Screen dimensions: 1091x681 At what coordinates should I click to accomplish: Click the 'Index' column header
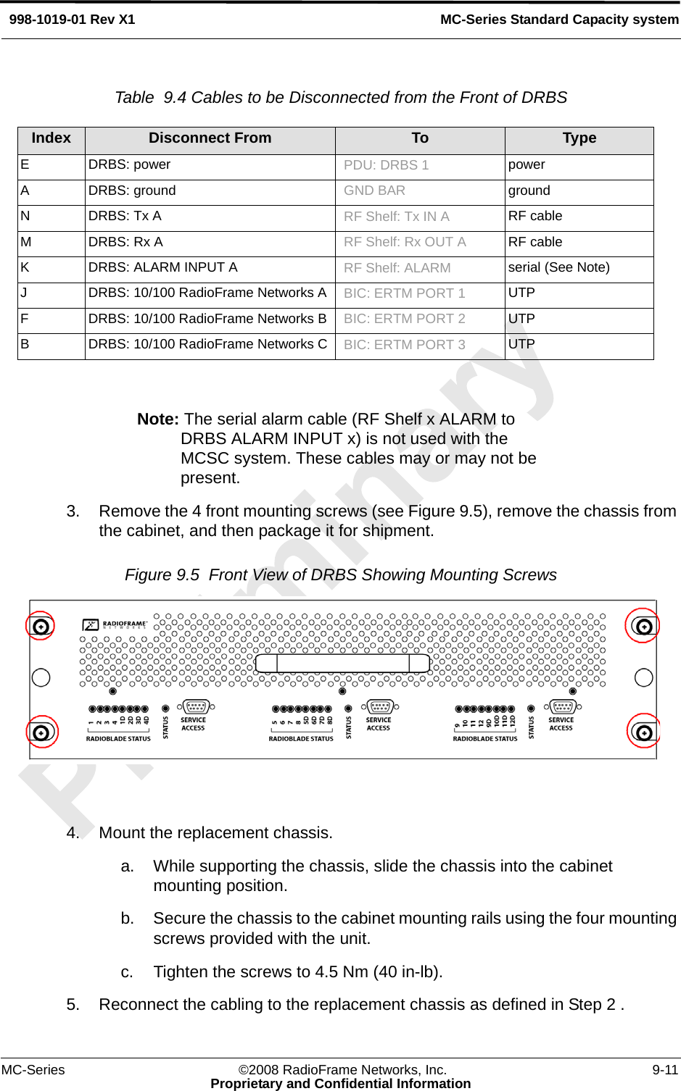pyautogui.click(x=51, y=138)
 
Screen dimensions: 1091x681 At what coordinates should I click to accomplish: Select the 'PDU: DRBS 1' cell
pyautogui.click(x=386, y=165)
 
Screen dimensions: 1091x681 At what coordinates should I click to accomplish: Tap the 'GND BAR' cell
pyautogui.click(x=374, y=191)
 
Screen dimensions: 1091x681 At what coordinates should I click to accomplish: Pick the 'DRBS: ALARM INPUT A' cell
pyautogui.click(x=162, y=267)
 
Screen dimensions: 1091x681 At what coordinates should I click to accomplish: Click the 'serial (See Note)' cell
pyautogui.click(x=558, y=267)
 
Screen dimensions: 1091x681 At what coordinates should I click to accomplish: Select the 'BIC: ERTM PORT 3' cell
pyautogui.click(x=404, y=345)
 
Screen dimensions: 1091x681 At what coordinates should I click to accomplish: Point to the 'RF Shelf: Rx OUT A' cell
pyautogui.click(x=405, y=242)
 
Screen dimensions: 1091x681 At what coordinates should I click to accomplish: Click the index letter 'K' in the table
pyautogui.click(x=25, y=267)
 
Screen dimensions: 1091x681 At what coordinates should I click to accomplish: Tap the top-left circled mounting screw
pyautogui.click(x=41, y=626)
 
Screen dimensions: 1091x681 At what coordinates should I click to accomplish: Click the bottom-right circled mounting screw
pyautogui.click(x=643, y=732)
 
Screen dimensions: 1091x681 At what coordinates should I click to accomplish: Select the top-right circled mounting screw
pyautogui.click(x=643, y=626)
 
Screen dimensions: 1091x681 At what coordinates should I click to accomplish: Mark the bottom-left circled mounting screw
pyautogui.click(x=41, y=732)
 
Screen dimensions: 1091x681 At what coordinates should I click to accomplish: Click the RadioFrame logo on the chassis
pyautogui.click(x=115, y=624)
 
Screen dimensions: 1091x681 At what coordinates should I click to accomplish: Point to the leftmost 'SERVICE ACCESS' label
pyautogui.click(x=193, y=724)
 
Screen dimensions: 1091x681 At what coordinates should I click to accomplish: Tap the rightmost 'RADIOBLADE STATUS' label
pyautogui.click(x=485, y=739)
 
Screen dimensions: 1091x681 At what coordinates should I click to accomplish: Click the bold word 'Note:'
pyautogui.click(x=158, y=419)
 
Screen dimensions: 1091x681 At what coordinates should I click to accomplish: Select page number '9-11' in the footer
pyautogui.click(x=664, y=1070)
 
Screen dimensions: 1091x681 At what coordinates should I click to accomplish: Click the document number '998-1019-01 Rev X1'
pyautogui.click(x=72, y=20)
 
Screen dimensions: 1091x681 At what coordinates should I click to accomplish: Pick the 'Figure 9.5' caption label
pyautogui.click(x=162, y=575)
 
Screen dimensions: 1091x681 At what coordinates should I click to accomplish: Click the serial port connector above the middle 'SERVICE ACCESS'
pyautogui.click(x=380, y=706)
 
